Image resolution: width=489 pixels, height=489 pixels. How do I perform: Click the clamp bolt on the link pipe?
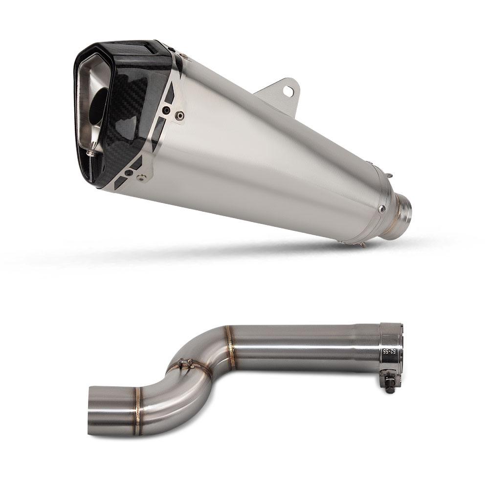point(390,384)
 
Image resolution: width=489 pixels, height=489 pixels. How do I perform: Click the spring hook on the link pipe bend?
point(184,363)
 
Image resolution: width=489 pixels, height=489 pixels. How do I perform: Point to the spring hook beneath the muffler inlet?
point(361,244)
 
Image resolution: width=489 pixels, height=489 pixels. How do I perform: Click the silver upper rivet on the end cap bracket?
point(180,116)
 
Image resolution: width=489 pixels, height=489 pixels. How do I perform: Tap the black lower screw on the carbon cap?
point(129,173)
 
